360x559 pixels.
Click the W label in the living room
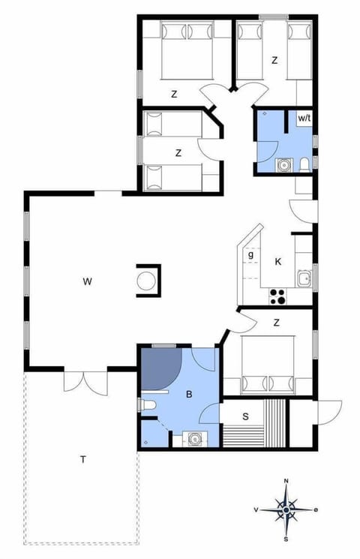point(88,282)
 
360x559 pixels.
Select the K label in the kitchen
point(278,261)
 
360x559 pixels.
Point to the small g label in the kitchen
point(250,255)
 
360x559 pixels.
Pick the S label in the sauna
point(245,416)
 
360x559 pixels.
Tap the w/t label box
point(304,119)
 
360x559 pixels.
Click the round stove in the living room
point(148,281)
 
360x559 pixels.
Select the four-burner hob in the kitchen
point(277,296)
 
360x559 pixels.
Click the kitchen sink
point(303,280)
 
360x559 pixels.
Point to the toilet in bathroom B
point(147,406)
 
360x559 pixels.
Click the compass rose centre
point(286,511)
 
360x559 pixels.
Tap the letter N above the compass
point(286,481)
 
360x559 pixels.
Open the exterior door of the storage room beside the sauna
point(328,411)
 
